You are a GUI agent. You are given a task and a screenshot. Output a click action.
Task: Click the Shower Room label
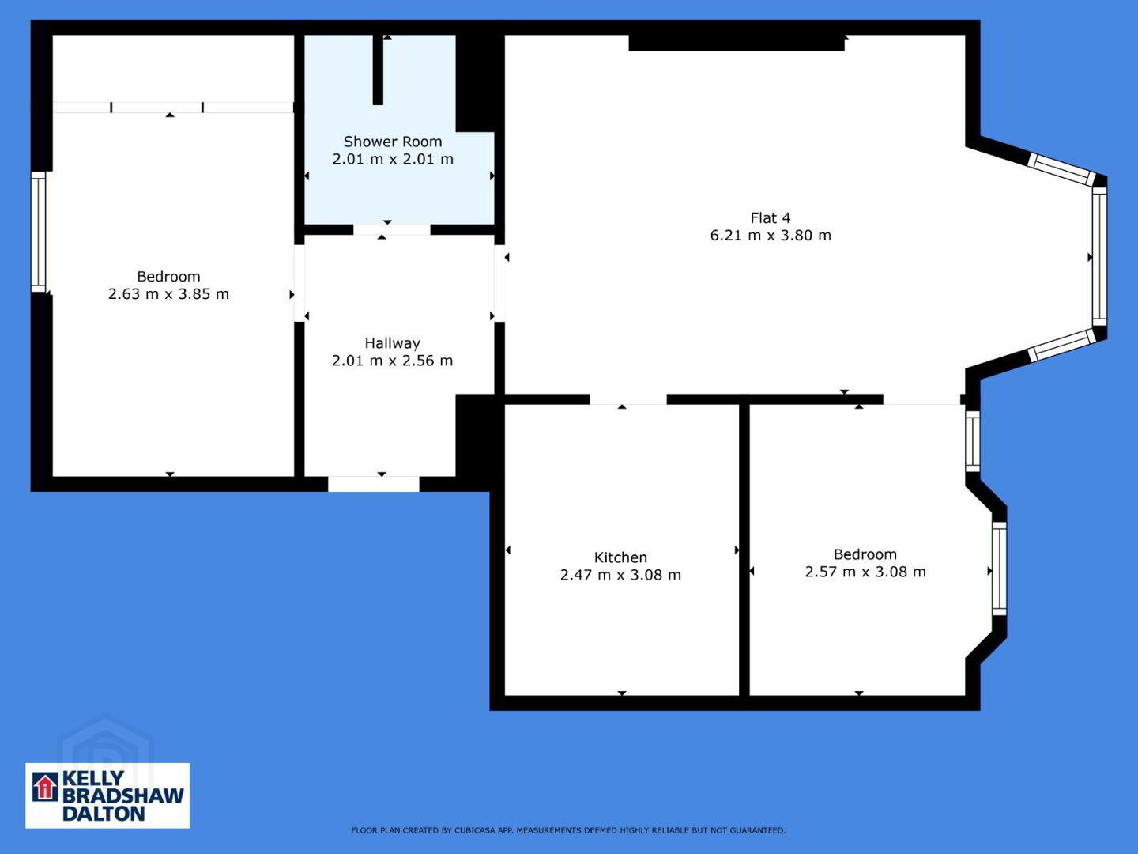coord(393,142)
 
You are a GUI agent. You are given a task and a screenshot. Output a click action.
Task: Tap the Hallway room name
coord(392,343)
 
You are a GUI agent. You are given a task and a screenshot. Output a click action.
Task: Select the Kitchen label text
coord(620,557)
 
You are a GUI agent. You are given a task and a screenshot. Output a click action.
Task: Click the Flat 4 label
coord(771,217)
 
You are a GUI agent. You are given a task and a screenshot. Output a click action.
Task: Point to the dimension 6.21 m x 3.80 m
coord(771,236)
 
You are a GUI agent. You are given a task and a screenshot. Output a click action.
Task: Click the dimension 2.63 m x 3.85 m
coord(168,294)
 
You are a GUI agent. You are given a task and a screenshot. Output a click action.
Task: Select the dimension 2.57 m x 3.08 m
coord(865,572)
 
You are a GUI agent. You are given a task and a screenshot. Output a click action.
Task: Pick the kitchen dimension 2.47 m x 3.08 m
coord(620,575)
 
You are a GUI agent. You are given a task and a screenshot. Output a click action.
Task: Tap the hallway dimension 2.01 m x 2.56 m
coord(392,361)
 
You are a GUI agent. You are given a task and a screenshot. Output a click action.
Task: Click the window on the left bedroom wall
coord(39,232)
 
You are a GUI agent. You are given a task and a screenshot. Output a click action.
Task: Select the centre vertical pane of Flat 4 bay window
coord(1099,257)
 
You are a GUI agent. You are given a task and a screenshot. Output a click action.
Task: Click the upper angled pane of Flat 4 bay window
coord(1062,169)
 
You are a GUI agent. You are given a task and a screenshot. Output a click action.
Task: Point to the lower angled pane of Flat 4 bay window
coord(1062,346)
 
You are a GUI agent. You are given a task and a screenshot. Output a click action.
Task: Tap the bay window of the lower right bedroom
coord(1000,569)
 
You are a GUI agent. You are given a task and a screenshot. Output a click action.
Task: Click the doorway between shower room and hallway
coord(392,229)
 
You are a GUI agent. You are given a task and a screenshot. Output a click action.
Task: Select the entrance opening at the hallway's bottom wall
coord(374,484)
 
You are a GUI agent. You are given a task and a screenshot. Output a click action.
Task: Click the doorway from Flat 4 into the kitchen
coord(628,399)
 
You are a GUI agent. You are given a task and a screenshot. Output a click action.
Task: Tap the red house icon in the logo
coord(45,787)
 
